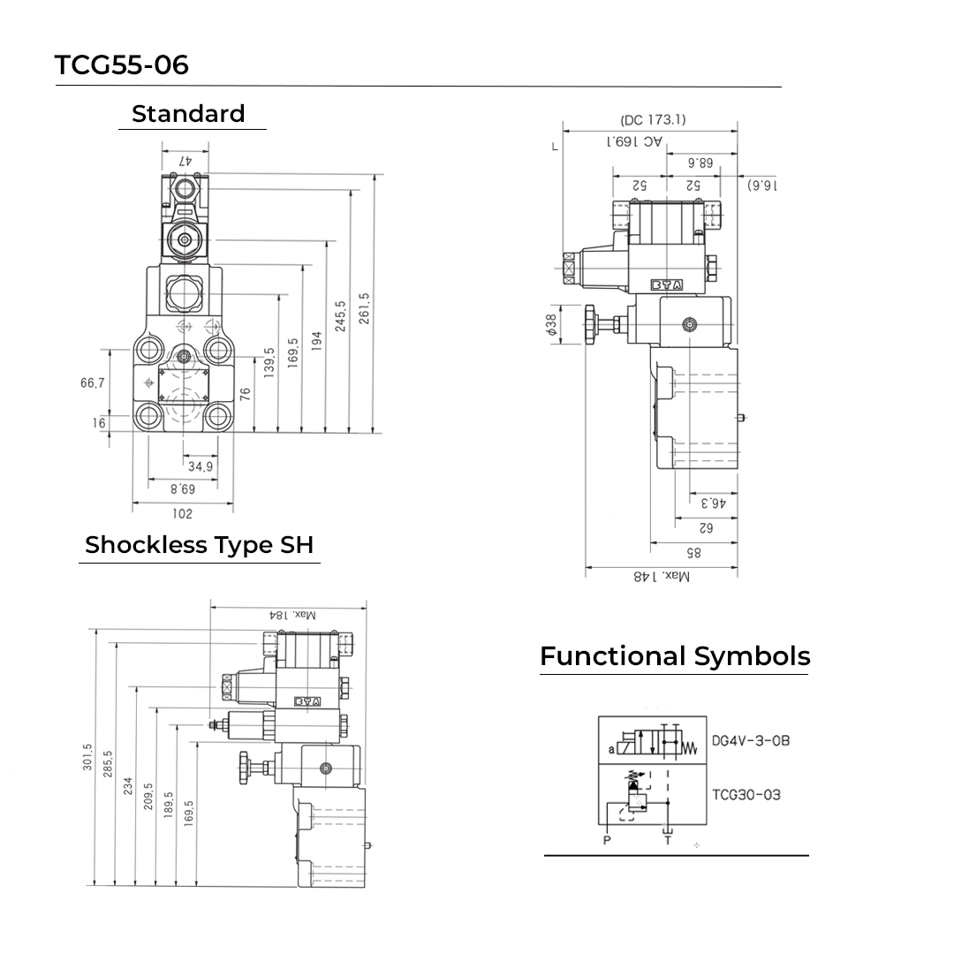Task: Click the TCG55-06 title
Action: click(x=122, y=64)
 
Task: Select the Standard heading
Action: click(x=188, y=114)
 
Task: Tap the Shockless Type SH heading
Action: click(x=199, y=545)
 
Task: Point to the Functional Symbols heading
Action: click(x=675, y=656)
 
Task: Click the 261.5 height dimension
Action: click(x=364, y=309)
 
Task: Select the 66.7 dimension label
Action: click(x=92, y=382)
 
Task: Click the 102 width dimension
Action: click(x=181, y=513)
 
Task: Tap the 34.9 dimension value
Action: click(x=200, y=466)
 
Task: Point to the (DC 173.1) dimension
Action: click(x=653, y=120)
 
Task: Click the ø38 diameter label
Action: click(x=552, y=325)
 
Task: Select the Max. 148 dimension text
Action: click(x=662, y=576)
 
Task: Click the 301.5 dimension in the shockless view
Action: click(x=87, y=758)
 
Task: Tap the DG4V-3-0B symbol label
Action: click(x=750, y=740)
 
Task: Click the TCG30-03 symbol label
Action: click(x=746, y=794)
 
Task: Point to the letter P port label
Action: click(x=607, y=840)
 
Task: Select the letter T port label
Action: click(x=667, y=840)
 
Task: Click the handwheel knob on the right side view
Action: click(x=590, y=325)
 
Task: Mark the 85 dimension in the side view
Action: click(x=693, y=553)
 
